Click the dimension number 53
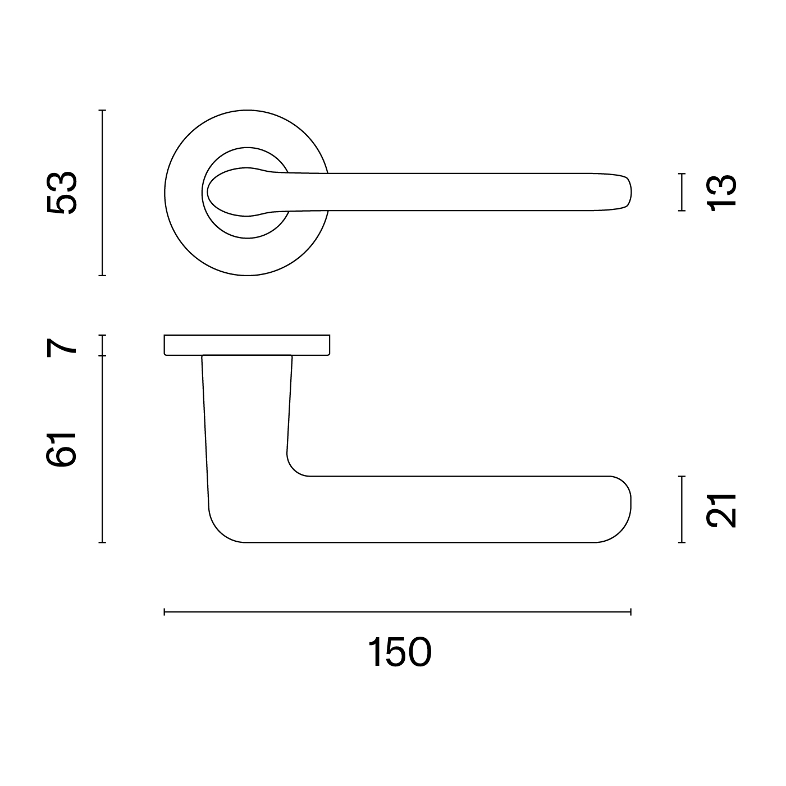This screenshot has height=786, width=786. coord(62,193)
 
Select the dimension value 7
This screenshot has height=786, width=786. coord(62,348)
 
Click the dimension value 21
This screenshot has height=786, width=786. coord(721,511)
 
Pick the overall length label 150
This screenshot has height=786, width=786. coord(400,652)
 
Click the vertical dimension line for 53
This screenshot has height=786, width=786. coord(102,193)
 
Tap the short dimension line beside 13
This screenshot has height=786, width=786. coord(682,192)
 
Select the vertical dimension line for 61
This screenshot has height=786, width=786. coord(102,449)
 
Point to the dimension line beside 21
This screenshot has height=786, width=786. coord(682,509)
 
